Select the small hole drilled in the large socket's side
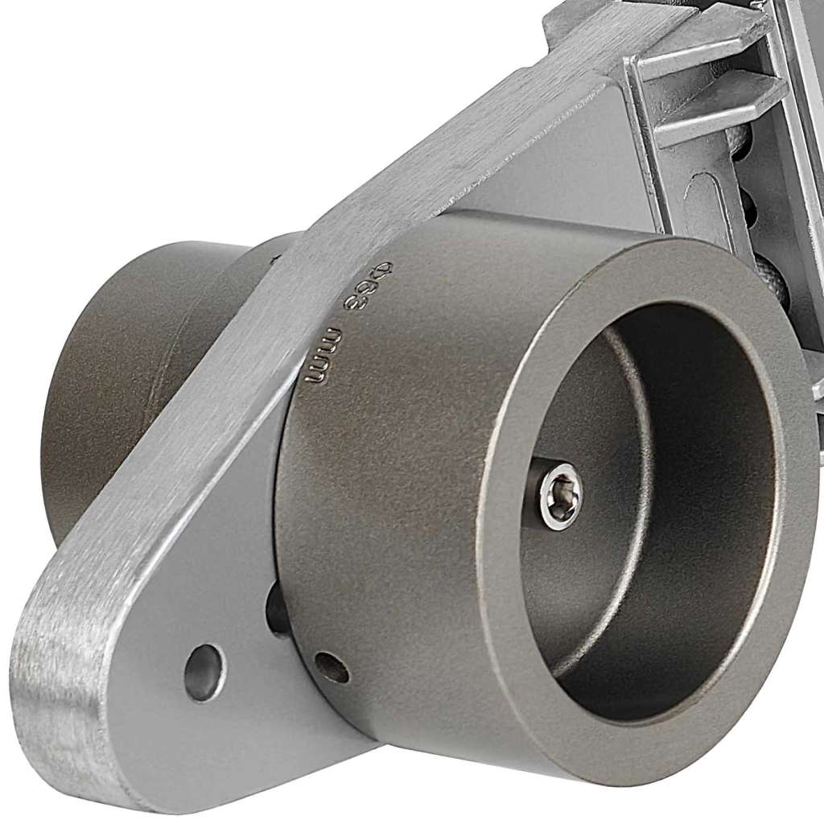click(331, 667)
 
